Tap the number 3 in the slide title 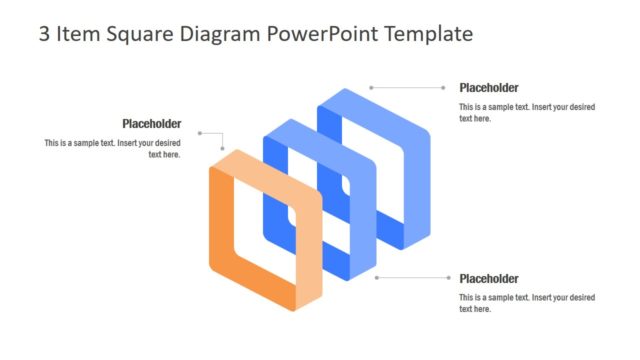pyautogui.click(x=44, y=34)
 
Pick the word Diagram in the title pyautogui.click(x=225, y=34)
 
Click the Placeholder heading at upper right pyautogui.click(x=489, y=88)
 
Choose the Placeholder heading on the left pyautogui.click(x=151, y=124)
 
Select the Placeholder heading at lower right pyautogui.click(x=489, y=279)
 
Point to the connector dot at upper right pyautogui.click(x=371, y=88)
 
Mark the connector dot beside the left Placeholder pyautogui.click(x=200, y=133)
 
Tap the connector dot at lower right pyautogui.click(x=377, y=278)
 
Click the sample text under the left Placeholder pyautogui.click(x=113, y=149)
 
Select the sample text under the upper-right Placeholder pyautogui.click(x=527, y=112)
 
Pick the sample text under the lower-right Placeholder pyautogui.click(x=527, y=303)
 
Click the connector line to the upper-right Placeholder pyautogui.click(x=410, y=88)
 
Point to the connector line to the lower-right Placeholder pyautogui.click(x=415, y=278)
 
